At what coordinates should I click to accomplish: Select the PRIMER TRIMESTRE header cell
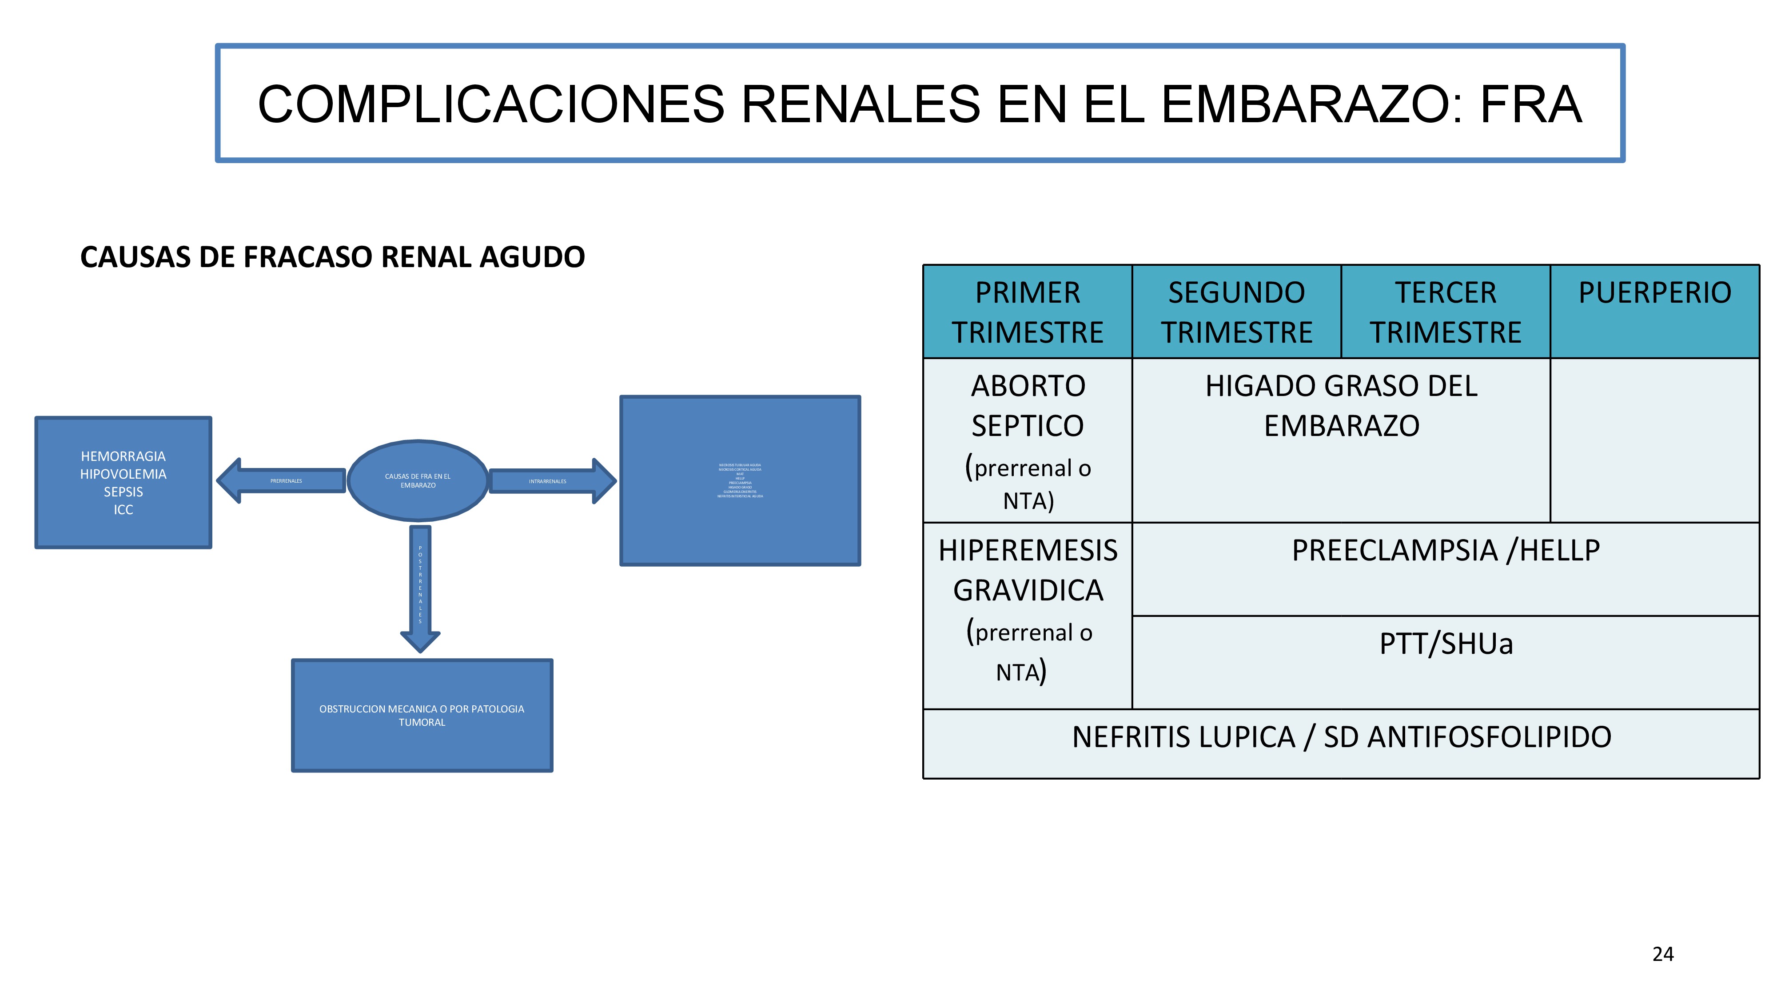coord(1027,312)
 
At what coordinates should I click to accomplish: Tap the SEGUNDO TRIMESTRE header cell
coord(1236,312)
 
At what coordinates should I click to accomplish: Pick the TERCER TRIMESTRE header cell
coord(1445,312)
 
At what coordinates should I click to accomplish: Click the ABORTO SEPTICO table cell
coord(1027,440)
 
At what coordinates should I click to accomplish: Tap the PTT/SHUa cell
coord(1445,644)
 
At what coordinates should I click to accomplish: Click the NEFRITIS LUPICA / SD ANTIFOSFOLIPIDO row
coord(1341,737)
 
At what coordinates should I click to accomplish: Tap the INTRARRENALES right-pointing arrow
coord(548,481)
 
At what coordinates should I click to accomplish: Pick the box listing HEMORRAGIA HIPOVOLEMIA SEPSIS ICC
coord(123,482)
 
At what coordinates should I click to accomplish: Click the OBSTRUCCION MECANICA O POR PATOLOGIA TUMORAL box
coord(422,716)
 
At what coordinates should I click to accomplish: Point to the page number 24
coord(1662,954)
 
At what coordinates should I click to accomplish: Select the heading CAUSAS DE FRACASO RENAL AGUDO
coord(332,257)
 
